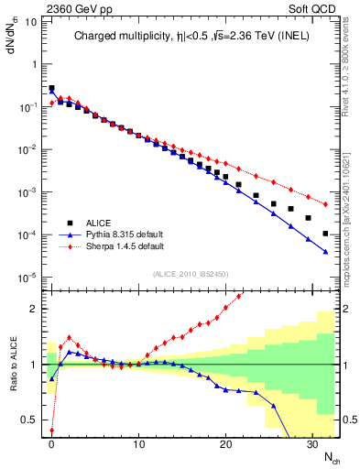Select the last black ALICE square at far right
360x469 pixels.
click(326, 234)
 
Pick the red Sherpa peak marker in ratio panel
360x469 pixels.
click(69, 337)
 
